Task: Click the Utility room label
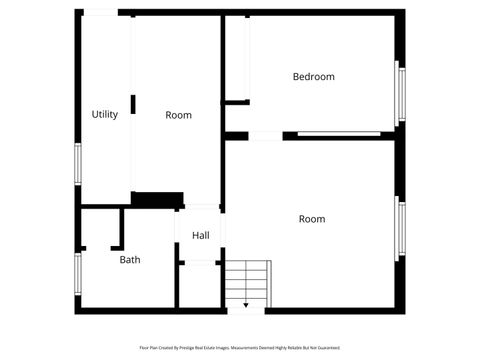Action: click(x=105, y=114)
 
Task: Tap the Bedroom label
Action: click(x=313, y=77)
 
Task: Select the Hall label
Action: click(x=201, y=236)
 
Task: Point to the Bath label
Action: click(x=130, y=260)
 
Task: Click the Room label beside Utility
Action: click(x=178, y=115)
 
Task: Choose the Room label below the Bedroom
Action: click(x=312, y=219)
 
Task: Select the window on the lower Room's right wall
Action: click(x=400, y=230)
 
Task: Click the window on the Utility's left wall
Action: click(x=77, y=163)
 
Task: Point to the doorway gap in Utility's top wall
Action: click(x=100, y=12)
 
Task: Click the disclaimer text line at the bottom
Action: click(x=240, y=348)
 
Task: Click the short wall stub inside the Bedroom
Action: click(x=237, y=101)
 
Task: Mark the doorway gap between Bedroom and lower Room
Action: click(x=265, y=135)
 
